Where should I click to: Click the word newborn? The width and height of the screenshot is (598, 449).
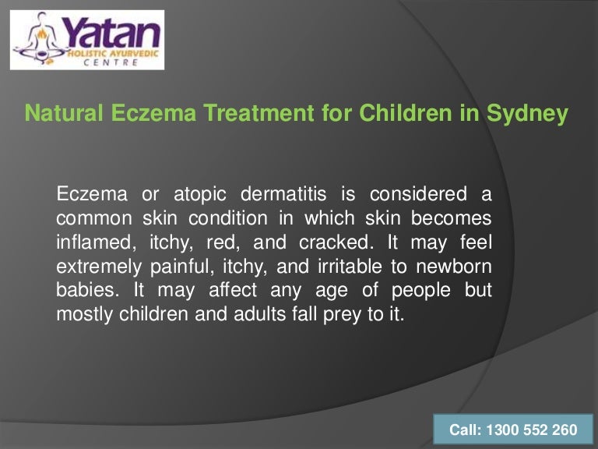452,266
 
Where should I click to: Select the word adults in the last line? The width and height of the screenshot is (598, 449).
220,314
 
